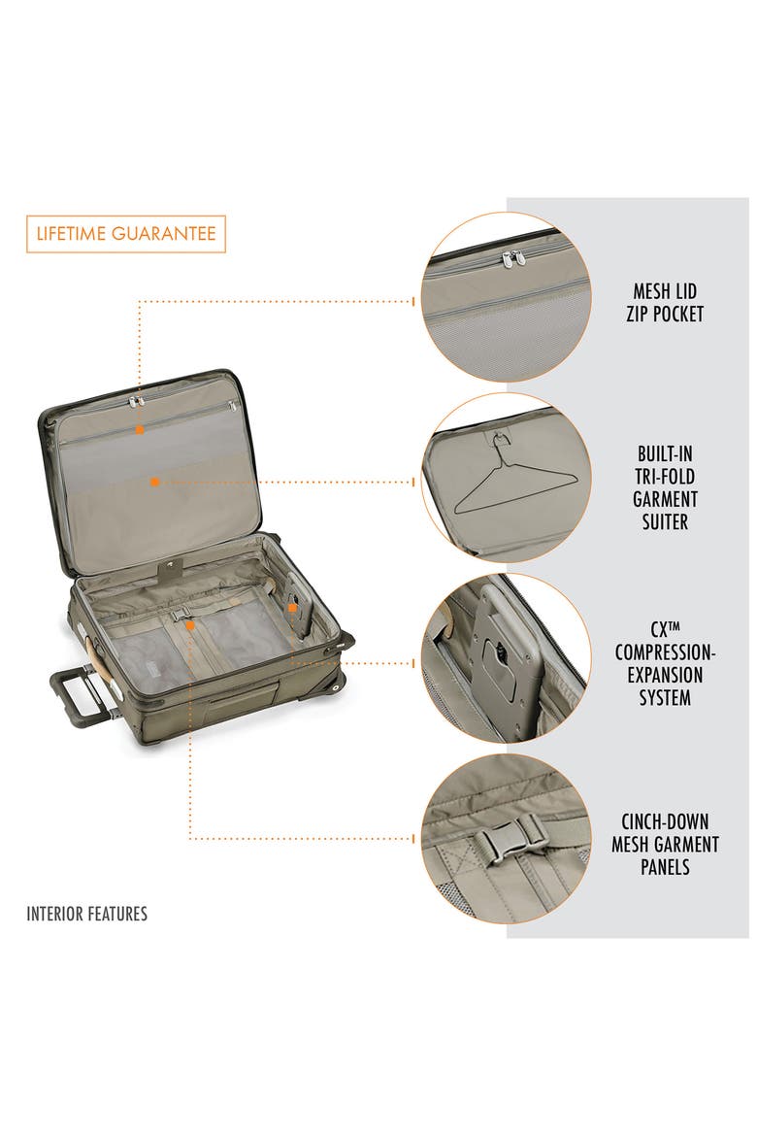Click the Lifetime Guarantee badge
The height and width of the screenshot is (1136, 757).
(x=126, y=233)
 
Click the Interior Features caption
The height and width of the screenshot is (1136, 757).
(x=87, y=914)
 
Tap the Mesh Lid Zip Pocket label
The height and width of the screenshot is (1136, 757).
(x=664, y=302)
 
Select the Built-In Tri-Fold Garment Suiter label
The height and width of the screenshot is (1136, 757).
(x=664, y=486)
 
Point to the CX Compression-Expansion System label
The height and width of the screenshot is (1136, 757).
(x=664, y=663)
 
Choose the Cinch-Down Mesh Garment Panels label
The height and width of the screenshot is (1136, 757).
(x=664, y=844)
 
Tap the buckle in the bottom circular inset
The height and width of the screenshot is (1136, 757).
(x=507, y=841)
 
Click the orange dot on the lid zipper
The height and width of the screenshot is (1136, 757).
(x=139, y=429)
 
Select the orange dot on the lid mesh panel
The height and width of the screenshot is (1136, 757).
(x=154, y=482)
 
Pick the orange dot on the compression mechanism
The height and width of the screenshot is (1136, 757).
(x=292, y=608)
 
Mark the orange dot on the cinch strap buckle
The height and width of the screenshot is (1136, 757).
(x=189, y=623)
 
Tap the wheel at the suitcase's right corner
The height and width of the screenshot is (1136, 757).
(x=339, y=685)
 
